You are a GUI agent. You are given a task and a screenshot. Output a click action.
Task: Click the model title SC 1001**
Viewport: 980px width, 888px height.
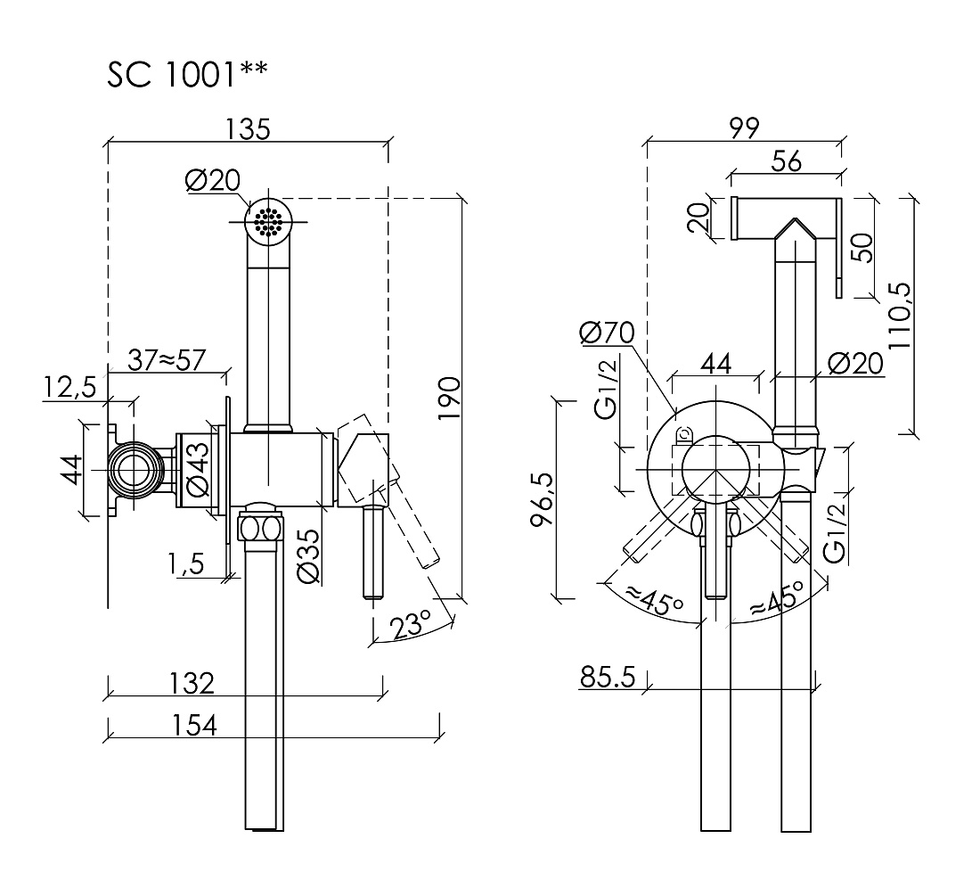click(x=187, y=74)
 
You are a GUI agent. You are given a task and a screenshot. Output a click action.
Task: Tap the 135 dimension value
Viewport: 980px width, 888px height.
click(x=248, y=128)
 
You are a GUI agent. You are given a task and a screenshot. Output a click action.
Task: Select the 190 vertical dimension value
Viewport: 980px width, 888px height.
click(x=449, y=399)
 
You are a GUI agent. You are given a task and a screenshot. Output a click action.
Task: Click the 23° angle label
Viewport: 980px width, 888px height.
click(x=410, y=624)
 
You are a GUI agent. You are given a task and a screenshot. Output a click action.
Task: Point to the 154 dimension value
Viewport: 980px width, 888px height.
click(x=193, y=726)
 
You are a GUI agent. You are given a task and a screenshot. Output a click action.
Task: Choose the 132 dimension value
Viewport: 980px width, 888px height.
click(x=192, y=683)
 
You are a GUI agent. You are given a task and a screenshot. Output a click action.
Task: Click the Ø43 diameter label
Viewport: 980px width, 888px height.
click(x=198, y=469)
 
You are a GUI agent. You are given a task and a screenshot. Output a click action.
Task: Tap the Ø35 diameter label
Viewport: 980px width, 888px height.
click(x=309, y=556)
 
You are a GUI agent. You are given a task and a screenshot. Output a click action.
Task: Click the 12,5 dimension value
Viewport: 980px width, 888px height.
click(x=69, y=388)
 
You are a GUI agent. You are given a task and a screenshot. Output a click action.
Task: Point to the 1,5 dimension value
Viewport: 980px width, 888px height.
click(x=185, y=564)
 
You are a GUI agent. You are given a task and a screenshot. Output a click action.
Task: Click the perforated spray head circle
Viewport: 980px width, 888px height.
click(x=269, y=221)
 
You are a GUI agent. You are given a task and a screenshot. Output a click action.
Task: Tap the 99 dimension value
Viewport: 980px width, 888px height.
click(x=744, y=127)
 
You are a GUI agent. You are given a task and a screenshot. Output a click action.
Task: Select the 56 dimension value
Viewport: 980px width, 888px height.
click(x=787, y=160)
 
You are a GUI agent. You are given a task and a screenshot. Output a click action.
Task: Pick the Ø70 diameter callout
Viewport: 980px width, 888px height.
click(x=606, y=332)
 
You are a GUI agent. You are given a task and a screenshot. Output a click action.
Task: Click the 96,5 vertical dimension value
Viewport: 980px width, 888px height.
click(x=542, y=499)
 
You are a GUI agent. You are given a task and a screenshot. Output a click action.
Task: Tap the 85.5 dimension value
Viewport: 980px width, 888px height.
click(x=608, y=677)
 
